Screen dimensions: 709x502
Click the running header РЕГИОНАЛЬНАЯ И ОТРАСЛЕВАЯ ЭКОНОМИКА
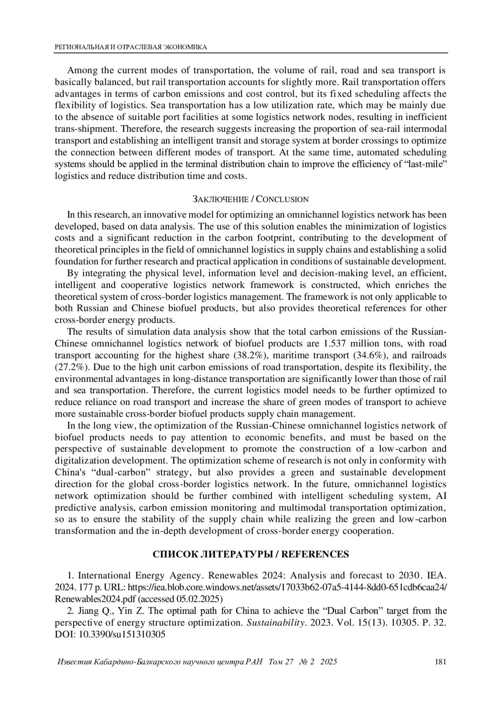click(131, 47)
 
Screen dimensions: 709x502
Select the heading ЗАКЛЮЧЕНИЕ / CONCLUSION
click(251, 199)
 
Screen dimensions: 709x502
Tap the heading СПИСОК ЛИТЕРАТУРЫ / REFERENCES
click(251, 554)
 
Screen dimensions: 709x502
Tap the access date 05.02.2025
click(203, 597)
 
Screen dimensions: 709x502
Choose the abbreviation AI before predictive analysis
click(441, 496)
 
